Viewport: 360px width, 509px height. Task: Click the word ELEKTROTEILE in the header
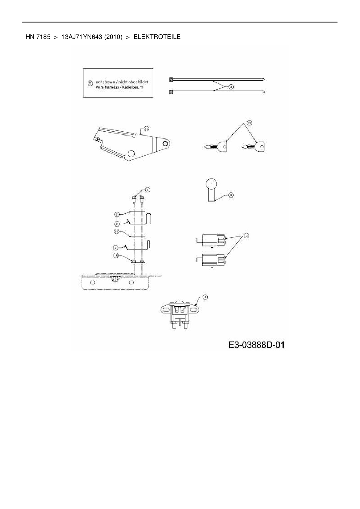click(x=157, y=37)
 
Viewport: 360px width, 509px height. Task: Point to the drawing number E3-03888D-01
click(x=256, y=345)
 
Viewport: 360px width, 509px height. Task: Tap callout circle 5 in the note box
click(x=90, y=83)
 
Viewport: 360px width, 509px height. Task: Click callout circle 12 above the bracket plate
click(x=146, y=128)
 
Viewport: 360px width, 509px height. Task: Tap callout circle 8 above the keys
click(x=249, y=123)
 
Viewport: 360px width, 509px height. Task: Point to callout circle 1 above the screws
click(x=147, y=190)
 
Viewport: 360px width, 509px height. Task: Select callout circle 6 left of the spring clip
click(x=116, y=224)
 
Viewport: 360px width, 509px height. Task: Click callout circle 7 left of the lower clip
click(x=115, y=248)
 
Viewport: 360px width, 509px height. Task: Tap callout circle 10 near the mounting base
click(x=116, y=256)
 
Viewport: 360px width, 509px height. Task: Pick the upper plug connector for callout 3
click(x=211, y=240)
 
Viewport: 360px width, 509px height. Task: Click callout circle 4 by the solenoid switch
click(x=205, y=297)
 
